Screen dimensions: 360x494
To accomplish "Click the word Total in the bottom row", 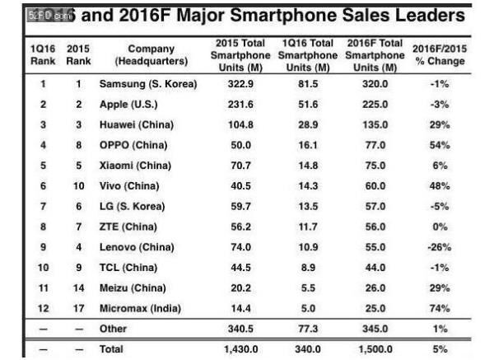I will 111,349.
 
